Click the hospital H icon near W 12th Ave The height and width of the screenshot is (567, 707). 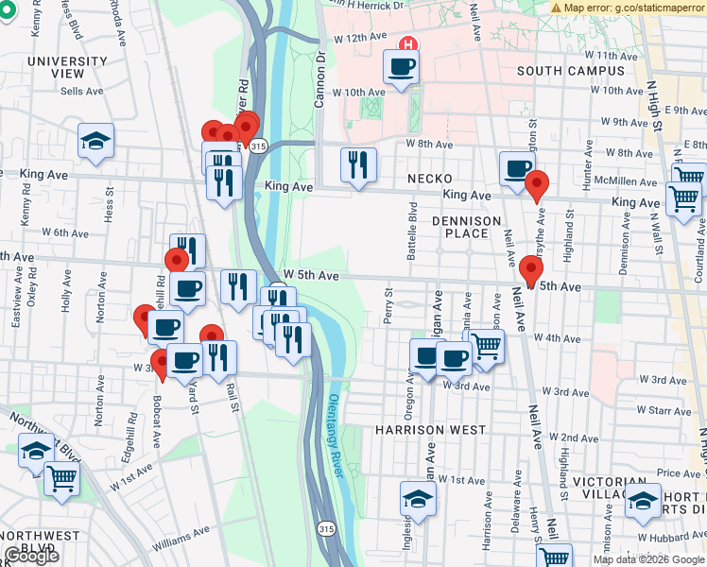[408, 43]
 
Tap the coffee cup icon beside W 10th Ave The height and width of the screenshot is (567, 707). [401, 67]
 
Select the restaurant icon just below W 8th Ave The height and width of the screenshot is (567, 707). [358, 164]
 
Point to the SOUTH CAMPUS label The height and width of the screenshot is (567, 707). [565, 71]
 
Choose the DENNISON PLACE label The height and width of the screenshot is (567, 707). [466, 227]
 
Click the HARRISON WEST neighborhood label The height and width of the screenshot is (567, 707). [431, 429]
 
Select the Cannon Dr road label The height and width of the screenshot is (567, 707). [319, 77]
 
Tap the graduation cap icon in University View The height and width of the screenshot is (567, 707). [95, 141]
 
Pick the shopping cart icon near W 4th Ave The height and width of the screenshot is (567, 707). [487, 345]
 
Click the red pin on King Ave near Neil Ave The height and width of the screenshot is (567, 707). [537, 185]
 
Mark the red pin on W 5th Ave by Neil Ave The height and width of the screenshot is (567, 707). [530, 270]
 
